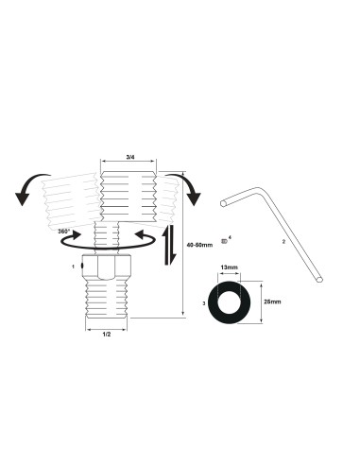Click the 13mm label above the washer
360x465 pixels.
click(x=228, y=267)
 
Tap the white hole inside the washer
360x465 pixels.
click(x=228, y=302)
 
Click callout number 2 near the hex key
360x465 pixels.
click(x=283, y=242)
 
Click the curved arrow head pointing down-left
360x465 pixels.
click(x=21, y=198)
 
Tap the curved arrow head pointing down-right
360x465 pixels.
click(x=196, y=197)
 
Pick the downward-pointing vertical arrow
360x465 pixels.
click(x=170, y=255)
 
